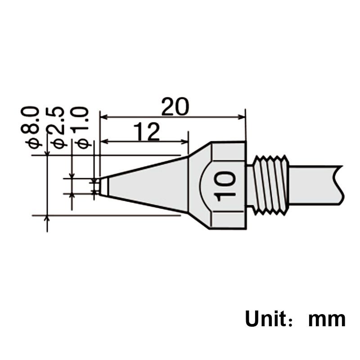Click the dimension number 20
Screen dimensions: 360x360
click(175, 107)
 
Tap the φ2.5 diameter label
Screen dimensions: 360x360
click(56, 128)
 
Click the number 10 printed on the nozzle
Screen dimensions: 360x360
click(224, 186)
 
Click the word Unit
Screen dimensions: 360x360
click(265, 319)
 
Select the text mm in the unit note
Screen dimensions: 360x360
click(327, 319)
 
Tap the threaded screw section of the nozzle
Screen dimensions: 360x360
click(270, 185)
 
